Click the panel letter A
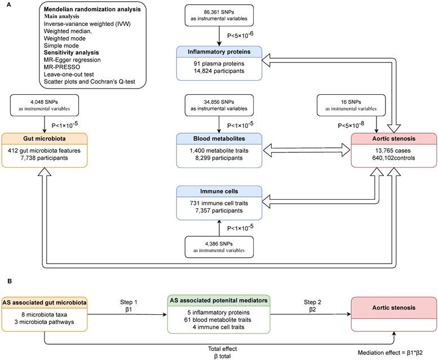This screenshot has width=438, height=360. pyautogui.click(x=8, y=5)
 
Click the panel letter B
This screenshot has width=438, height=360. pyautogui.click(x=9, y=281)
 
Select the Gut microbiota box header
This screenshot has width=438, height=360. pyautogui.click(x=45, y=139)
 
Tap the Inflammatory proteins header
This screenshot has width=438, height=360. pyautogui.click(x=219, y=52)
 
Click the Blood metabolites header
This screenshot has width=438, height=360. pyautogui.click(x=219, y=139)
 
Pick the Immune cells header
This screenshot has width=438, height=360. pyautogui.click(x=219, y=191)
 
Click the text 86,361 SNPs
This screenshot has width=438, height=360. pyautogui.click(x=219, y=12)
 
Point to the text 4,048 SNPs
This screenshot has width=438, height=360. pyautogui.click(x=44, y=102)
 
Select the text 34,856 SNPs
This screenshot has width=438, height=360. pyautogui.click(x=219, y=102)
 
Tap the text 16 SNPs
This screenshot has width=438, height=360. pyautogui.click(x=351, y=102)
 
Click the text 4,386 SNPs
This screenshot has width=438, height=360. pyautogui.click(x=219, y=244)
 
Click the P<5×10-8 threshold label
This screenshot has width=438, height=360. pyautogui.click(x=351, y=125)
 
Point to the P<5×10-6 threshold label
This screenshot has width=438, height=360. pyautogui.click(x=240, y=34)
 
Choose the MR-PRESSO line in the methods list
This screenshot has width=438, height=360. pyautogui.click(x=62, y=67)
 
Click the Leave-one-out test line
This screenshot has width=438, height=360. pyautogui.click(x=69, y=74)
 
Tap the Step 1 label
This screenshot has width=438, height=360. pyautogui.click(x=129, y=302)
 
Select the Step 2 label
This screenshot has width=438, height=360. pyautogui.click(x=312, y=302)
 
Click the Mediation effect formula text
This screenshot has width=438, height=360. pyautogui.click(x=390, y=353)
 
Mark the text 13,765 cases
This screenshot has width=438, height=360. pyautogui.click(x=393, y=151)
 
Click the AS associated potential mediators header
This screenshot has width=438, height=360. pyautogui.click(x=219, y=300)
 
